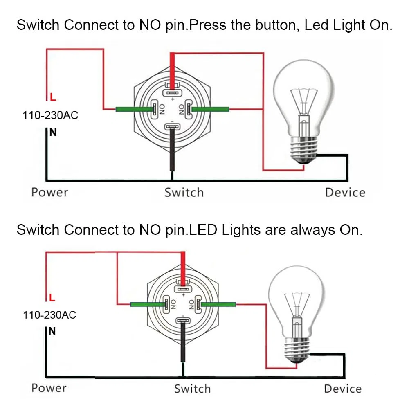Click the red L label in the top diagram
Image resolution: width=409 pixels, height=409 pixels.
tap(53, 97)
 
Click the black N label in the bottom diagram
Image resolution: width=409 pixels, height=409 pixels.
tap(52, 331)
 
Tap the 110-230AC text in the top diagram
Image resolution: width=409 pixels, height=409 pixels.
tap(50, 115)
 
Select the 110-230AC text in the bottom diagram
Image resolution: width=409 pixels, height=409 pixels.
tap(49, 315)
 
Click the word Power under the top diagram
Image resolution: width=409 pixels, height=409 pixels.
tap(49, 192)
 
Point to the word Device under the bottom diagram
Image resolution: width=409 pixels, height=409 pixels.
tap(343, 389)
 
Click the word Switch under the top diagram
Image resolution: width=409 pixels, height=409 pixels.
tap(184, 193)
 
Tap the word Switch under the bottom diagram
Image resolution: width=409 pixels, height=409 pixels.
tap(192, 389)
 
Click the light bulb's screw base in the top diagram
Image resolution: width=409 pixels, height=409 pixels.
tap(304, 150)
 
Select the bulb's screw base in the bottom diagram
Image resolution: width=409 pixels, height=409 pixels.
tap(297, 350)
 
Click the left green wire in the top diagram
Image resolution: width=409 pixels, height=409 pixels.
tap(134, 109)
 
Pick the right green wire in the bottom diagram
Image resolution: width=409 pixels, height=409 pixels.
tap(218, 304)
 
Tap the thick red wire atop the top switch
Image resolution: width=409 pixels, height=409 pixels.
tap(173, 70)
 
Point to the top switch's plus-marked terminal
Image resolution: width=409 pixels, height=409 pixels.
tap(172, 92)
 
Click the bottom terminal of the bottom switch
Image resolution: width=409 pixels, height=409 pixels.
tap(183, 320)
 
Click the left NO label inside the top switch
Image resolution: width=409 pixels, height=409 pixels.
tap(162, 109)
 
